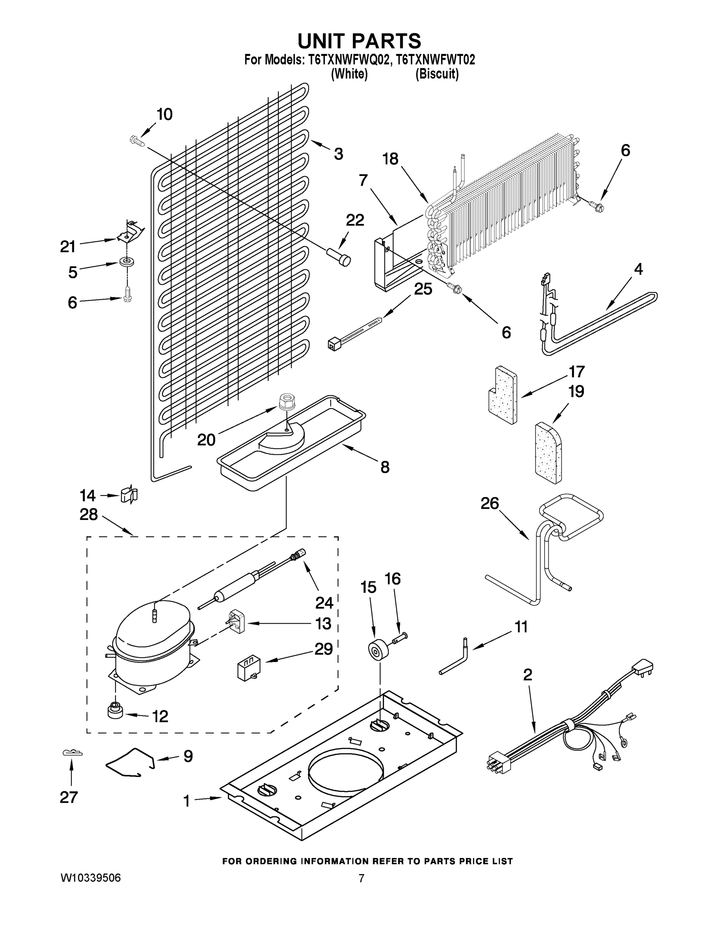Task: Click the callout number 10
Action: pos(164,115)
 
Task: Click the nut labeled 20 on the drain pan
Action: pos(285,402)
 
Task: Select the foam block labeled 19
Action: pos(548,453)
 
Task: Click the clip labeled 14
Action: pos(129,494)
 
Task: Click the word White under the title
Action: pos(349,74)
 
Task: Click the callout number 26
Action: pos(489,504)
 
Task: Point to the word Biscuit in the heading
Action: pos(437,74)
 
